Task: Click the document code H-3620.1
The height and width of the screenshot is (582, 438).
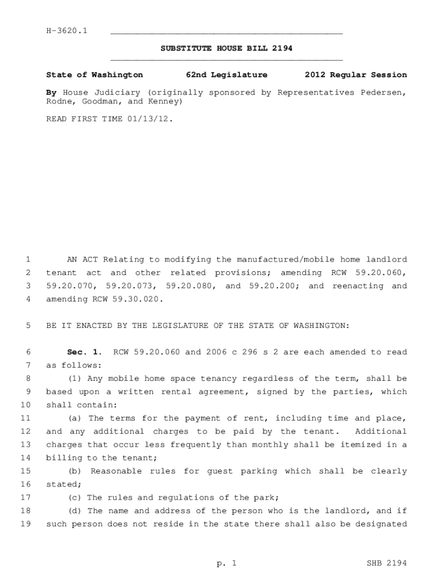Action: (67, 31)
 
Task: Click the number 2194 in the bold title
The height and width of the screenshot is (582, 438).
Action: (282, 48)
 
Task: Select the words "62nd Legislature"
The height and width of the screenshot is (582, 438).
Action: (226, 75)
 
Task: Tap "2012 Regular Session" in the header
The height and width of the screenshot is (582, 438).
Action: (356, 75)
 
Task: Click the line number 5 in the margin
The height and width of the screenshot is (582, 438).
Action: (28, 326)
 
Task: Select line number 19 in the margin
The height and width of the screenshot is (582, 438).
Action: (26, 524)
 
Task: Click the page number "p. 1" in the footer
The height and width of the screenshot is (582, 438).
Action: (226, 563)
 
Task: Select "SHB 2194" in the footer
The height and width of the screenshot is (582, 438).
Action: (387, 563)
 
